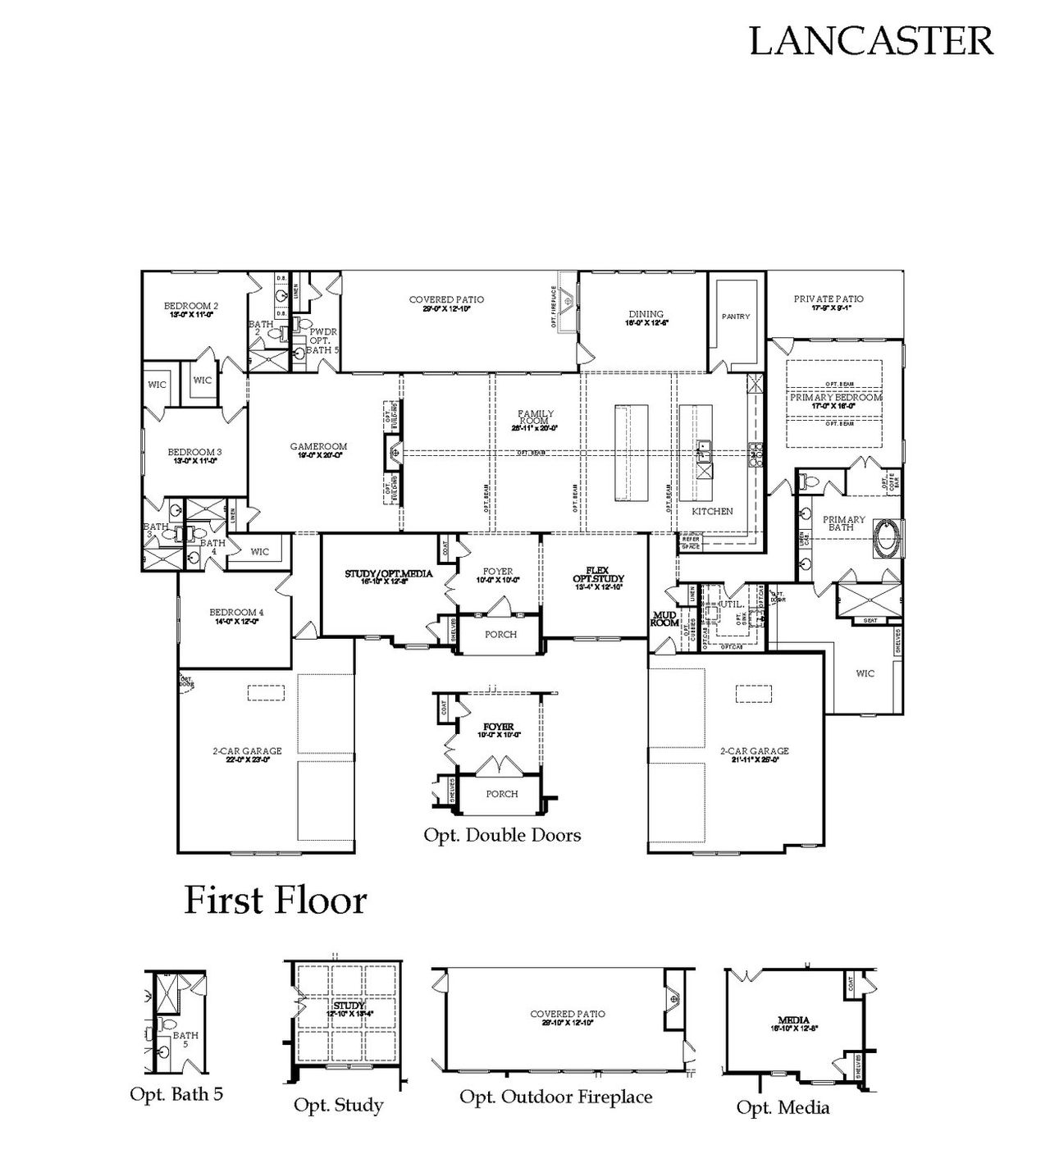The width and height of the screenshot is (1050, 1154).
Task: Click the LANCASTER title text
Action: coord(871,40)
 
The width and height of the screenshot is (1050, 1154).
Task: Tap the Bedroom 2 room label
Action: coord(191,307)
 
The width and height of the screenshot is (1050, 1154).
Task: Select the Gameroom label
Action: coord(318,447)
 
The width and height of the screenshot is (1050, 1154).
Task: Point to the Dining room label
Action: coord(646,314)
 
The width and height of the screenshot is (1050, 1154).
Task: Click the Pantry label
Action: coord(736,317)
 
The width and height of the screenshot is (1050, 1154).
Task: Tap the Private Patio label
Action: coord(829,299)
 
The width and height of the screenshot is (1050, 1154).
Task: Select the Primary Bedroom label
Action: coord(835,397)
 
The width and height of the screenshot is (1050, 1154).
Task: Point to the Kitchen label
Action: coord(712,511)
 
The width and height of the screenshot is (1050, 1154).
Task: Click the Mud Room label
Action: coord(664,618)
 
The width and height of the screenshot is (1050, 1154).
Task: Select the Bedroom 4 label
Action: coord(236,613)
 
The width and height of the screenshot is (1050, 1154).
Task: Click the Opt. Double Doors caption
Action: coord(502,835)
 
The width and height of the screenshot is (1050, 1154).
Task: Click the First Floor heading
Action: coord(276,901)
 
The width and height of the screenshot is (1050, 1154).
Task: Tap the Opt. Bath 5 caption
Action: coord(176,1093)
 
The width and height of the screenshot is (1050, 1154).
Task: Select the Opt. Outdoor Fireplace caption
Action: coord(556,1097)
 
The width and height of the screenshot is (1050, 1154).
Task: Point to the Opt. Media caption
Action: coord(783,1107)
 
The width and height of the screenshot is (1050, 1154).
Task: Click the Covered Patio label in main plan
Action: coord(446,300)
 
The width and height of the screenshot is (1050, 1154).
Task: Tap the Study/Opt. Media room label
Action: coord(388,574)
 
